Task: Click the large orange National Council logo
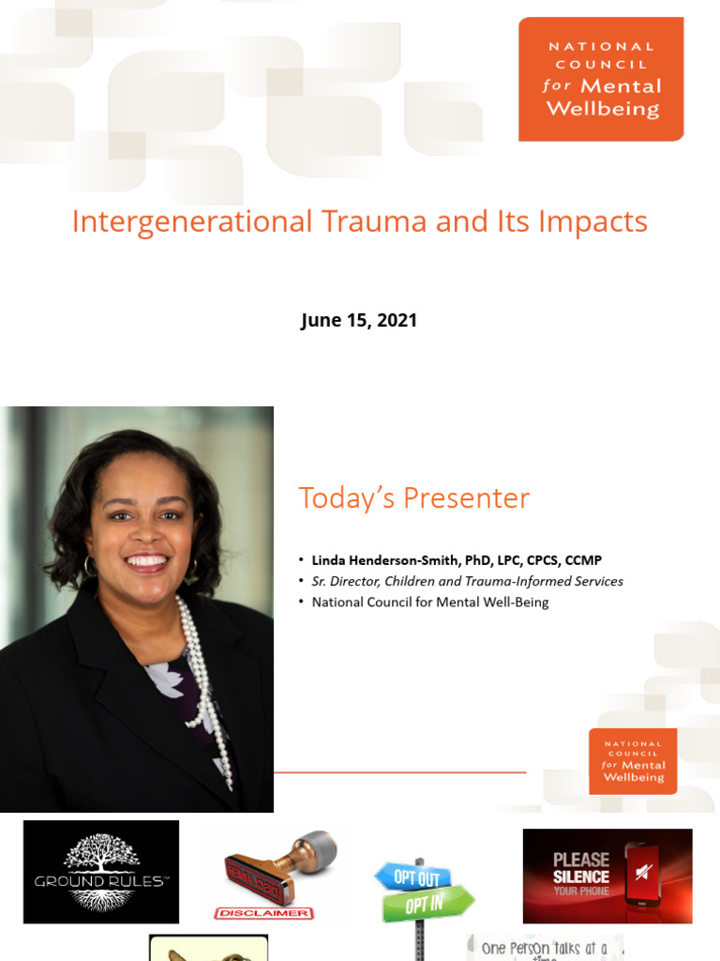click(x=601, y=80)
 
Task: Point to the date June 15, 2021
click(x=359, y=320)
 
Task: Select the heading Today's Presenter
click(x=413, y=498)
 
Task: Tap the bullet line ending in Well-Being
click(x=430, y=602)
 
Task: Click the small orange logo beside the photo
click(x=633, y=761)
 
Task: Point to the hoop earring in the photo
click(x=91, y=565)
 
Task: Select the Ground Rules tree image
click(x=100, y=871)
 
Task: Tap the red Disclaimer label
click(x=263, y=912)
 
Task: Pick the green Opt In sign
click(x=426, y=905)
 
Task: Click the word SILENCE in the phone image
click(x=580, y=877)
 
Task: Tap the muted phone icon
click(x=643, y=873)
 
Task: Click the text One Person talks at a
click(x=544, y=947)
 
